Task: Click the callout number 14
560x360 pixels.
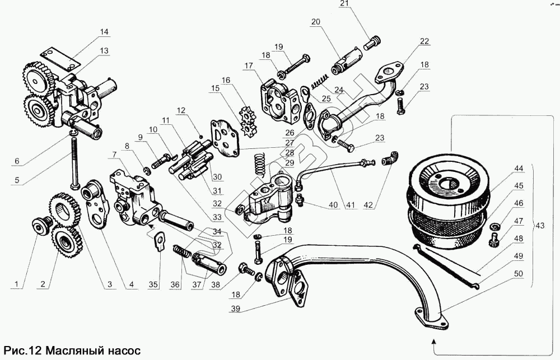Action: pyautogui.click(x=104, y=32)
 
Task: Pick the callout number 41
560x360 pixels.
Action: pyautogui.click(x=351, y=205)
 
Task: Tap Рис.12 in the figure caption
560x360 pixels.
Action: pyautogui.click(x=22, y=350)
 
